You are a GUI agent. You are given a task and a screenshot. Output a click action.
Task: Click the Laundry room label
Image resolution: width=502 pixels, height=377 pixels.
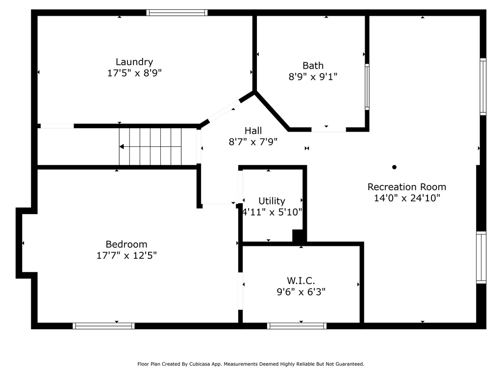134,62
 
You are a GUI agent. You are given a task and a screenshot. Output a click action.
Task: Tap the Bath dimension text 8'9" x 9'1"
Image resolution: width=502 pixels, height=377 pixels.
313,77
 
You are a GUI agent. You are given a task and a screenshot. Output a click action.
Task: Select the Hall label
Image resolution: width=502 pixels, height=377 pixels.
253,131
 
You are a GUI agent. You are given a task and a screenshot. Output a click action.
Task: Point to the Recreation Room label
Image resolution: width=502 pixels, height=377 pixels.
406,187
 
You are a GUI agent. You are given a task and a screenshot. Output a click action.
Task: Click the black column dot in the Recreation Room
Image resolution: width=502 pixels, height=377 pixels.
394,167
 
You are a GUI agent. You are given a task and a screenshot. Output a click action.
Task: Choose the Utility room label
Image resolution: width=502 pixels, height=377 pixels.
272,201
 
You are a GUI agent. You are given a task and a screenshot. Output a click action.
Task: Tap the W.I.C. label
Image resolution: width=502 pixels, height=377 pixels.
301,281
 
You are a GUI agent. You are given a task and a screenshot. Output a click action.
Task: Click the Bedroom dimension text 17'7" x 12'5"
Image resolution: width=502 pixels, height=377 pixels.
126,255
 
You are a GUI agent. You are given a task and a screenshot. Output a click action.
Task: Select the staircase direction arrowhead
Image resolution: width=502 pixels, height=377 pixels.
122,146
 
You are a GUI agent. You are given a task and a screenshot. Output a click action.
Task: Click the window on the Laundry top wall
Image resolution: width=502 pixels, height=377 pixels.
176,12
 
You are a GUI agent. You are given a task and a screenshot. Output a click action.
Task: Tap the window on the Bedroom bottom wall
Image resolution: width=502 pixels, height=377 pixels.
103,326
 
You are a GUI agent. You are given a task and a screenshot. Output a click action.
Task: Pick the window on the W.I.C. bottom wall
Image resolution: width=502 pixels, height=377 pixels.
297,326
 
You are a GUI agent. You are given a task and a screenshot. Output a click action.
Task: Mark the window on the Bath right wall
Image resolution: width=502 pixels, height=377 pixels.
367,86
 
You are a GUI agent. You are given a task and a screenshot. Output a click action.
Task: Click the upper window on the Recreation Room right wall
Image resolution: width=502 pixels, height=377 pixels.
483,86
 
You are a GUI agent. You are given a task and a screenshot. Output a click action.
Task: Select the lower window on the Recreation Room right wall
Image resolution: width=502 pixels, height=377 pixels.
481,257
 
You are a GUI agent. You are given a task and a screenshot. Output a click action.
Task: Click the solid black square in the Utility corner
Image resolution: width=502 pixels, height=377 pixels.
298,236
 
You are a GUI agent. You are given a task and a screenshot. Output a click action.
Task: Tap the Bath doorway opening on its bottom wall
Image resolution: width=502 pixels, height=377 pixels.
329,130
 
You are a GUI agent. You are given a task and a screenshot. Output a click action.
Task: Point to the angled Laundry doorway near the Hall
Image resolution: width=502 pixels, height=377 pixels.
225,111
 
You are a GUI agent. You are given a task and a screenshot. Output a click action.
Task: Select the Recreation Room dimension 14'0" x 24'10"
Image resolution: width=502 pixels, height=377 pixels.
407,198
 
